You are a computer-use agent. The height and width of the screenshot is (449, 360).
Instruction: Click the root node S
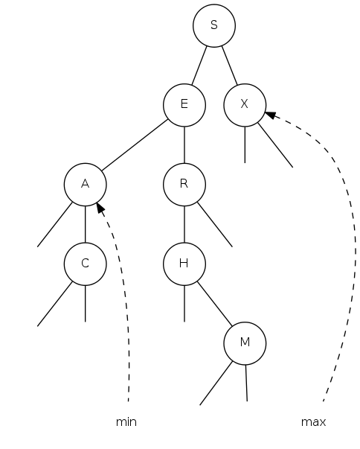click(214, 25)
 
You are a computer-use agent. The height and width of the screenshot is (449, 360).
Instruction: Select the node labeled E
click(184, 105)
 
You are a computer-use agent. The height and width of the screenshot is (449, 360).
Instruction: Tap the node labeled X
click(245, 105)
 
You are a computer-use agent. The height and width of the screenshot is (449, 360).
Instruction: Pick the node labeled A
click(86, 185)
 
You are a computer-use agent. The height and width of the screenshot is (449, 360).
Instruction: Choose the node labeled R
click(184, 185)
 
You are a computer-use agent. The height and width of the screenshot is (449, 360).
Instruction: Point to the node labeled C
click(86, 264)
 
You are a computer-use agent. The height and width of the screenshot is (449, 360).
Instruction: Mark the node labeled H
click(184, 264)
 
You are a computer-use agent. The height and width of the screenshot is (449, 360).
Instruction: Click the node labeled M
click(245, 343)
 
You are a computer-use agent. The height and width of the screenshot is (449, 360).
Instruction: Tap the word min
click(126, 422)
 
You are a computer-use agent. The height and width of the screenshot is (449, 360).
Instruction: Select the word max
click(313, 422)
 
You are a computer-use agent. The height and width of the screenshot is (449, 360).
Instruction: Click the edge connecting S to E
click(199, 66)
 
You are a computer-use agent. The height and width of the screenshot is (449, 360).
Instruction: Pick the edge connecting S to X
click(230, 66)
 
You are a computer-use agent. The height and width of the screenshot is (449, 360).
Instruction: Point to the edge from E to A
click(135, 144)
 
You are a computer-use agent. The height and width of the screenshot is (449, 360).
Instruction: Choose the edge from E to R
click(184, 144)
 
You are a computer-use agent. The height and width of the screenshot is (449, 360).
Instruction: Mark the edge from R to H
click(184, 224)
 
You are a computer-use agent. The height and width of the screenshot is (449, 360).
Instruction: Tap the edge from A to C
click(86, 224)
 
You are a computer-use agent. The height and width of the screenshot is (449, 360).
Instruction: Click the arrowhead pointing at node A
click(100, 208)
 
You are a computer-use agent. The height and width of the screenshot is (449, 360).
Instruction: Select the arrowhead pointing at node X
click(271, 115)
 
